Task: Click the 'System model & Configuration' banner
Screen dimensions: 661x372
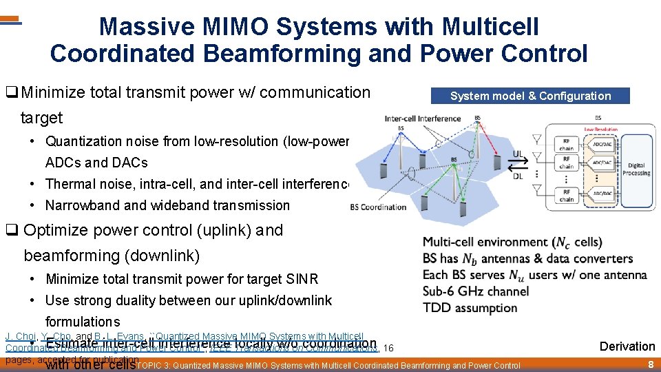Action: click(x=530, y=96)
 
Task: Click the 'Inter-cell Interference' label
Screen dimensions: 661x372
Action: click(x=423, y=118)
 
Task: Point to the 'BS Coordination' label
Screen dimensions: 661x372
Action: click(x=378, y=207)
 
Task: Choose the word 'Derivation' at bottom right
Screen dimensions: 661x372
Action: click(x=627, y=346)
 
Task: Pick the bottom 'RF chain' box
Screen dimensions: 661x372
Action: click(x=567, y=196)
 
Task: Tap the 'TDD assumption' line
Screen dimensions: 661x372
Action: click(x=470, y=307)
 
